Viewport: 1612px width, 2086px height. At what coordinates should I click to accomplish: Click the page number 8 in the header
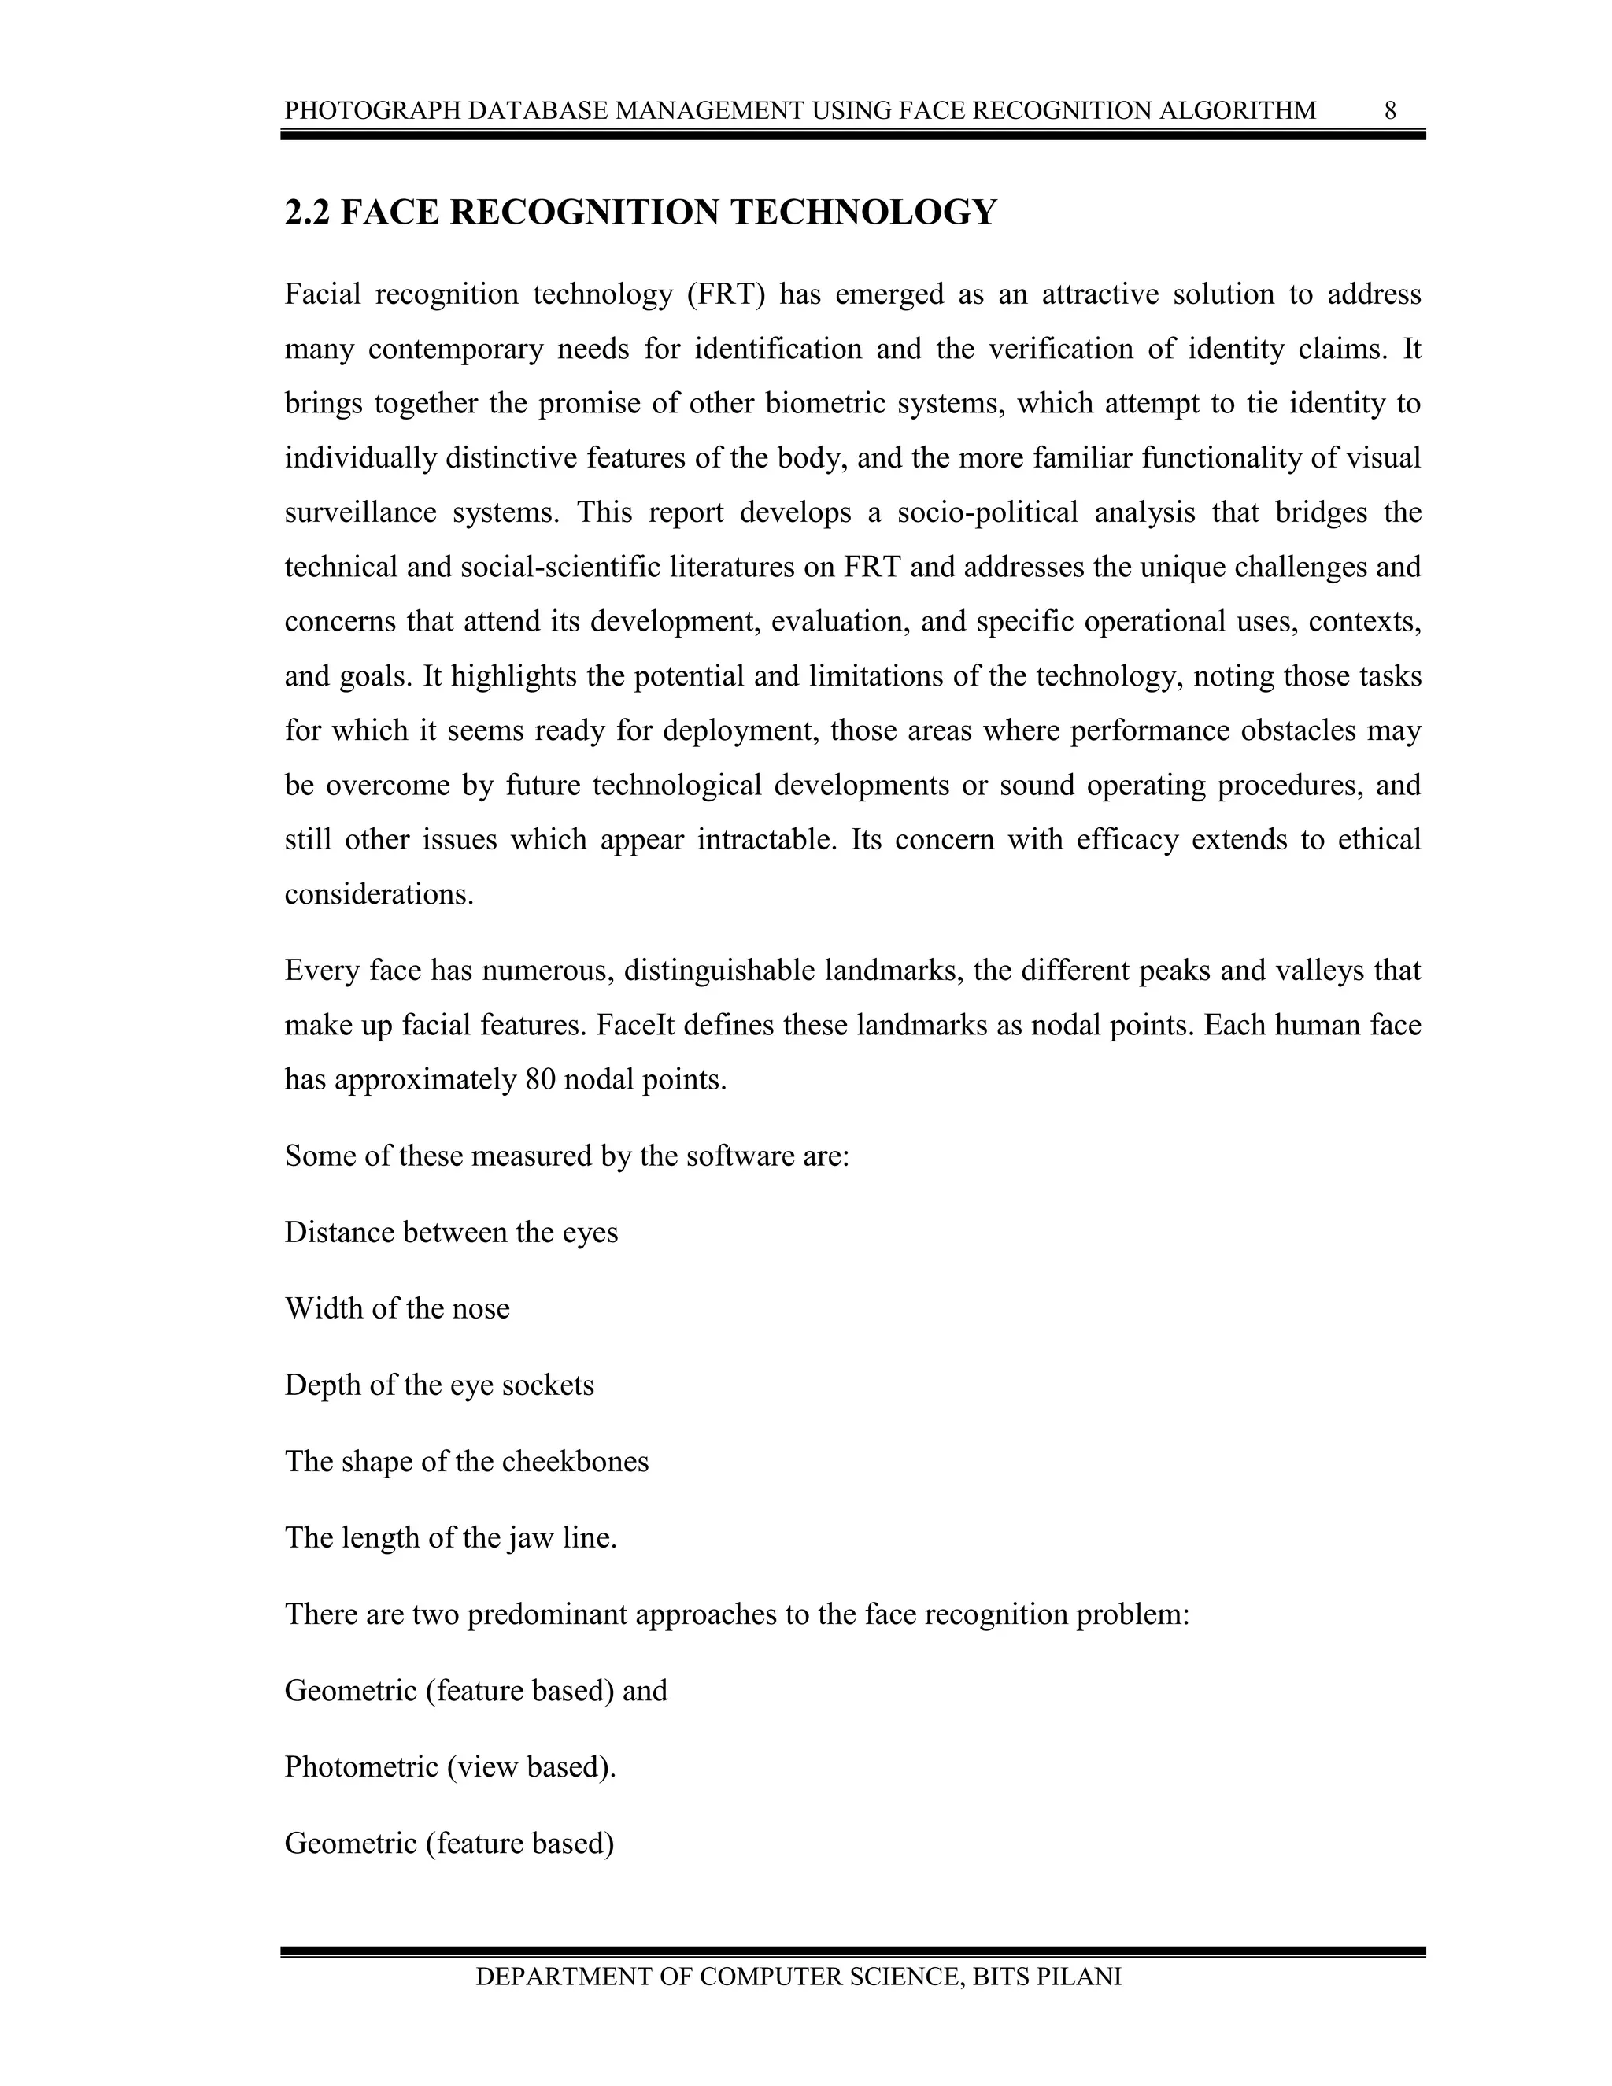tap(1391, 111)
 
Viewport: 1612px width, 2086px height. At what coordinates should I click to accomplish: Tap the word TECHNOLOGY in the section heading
tap(863, 212)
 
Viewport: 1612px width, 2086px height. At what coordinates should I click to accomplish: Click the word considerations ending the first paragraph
tap(378, 895)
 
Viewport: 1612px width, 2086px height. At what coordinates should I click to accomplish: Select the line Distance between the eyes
tap(451, 1232)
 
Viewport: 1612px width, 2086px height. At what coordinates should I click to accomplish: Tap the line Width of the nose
tap(397, 1308)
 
